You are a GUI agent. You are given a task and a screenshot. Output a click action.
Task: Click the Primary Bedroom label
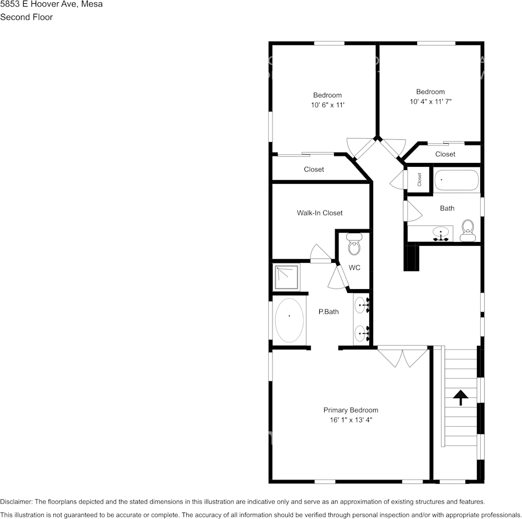pyautogui.click(x=351, y=410)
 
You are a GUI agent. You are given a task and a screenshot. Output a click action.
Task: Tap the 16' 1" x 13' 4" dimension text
pyautogui.click(x=351, y=420)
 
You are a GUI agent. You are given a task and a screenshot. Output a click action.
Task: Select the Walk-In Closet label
pyautogui.click(x=320, y=213)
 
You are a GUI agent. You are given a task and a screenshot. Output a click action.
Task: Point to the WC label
pyautogui.click(x=354, y=268)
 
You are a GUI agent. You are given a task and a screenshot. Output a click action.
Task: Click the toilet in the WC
pyautogui.click(x=354, y=244)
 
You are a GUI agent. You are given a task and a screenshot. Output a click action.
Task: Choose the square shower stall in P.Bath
pyautogui.click(x=287, y=277)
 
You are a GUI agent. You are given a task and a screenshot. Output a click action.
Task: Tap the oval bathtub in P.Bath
pyautogui.click(x=289, y=320)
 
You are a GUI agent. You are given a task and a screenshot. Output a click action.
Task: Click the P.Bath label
pyautogui.click(x=329, y=312)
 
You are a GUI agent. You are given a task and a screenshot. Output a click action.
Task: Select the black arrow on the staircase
pyautogui.click(x=461, y=398)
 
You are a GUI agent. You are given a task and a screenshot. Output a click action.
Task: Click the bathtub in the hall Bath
pyautogui.click(x=457, y=180)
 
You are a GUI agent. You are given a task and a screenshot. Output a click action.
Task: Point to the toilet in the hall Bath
pyautogui.click(x=468, y=230)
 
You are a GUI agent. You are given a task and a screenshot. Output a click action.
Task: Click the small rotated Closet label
pyautogui.click(x=419, y=179)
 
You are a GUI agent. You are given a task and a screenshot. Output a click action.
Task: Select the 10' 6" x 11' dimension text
pyautogui.click(x=327, y=105)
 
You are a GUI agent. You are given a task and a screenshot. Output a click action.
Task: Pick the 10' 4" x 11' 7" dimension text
pyautogui.click(x=430, y=101)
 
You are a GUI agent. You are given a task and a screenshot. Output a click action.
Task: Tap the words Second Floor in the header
pyautogui.click(x=26, y=17)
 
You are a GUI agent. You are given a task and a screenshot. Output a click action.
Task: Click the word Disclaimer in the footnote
pyautogui.click(x=16, y=501)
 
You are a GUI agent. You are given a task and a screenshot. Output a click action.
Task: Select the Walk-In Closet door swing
pyautogui.click(x=320, y=253)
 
